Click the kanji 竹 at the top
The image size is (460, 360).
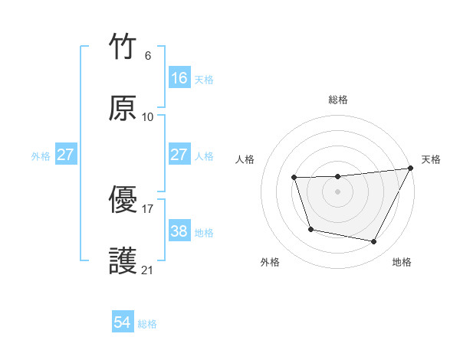123,47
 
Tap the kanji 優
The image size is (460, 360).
123,201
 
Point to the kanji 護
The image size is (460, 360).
123,260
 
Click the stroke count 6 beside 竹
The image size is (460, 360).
148,56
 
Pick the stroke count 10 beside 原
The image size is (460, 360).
148,117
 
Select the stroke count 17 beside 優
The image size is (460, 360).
148,208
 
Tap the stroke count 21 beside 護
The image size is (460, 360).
148,270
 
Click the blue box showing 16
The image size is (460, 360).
179,78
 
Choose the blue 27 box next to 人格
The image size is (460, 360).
179,155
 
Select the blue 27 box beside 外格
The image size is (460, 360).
66,155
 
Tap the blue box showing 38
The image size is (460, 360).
179,231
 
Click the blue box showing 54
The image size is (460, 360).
123,322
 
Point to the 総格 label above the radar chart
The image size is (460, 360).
338,100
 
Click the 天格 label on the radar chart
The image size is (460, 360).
431,159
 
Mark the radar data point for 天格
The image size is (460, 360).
411,168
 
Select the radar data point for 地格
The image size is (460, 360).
374,242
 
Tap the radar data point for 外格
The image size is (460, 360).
310,229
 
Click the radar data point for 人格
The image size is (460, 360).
294,178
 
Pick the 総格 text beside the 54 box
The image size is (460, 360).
147,324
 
